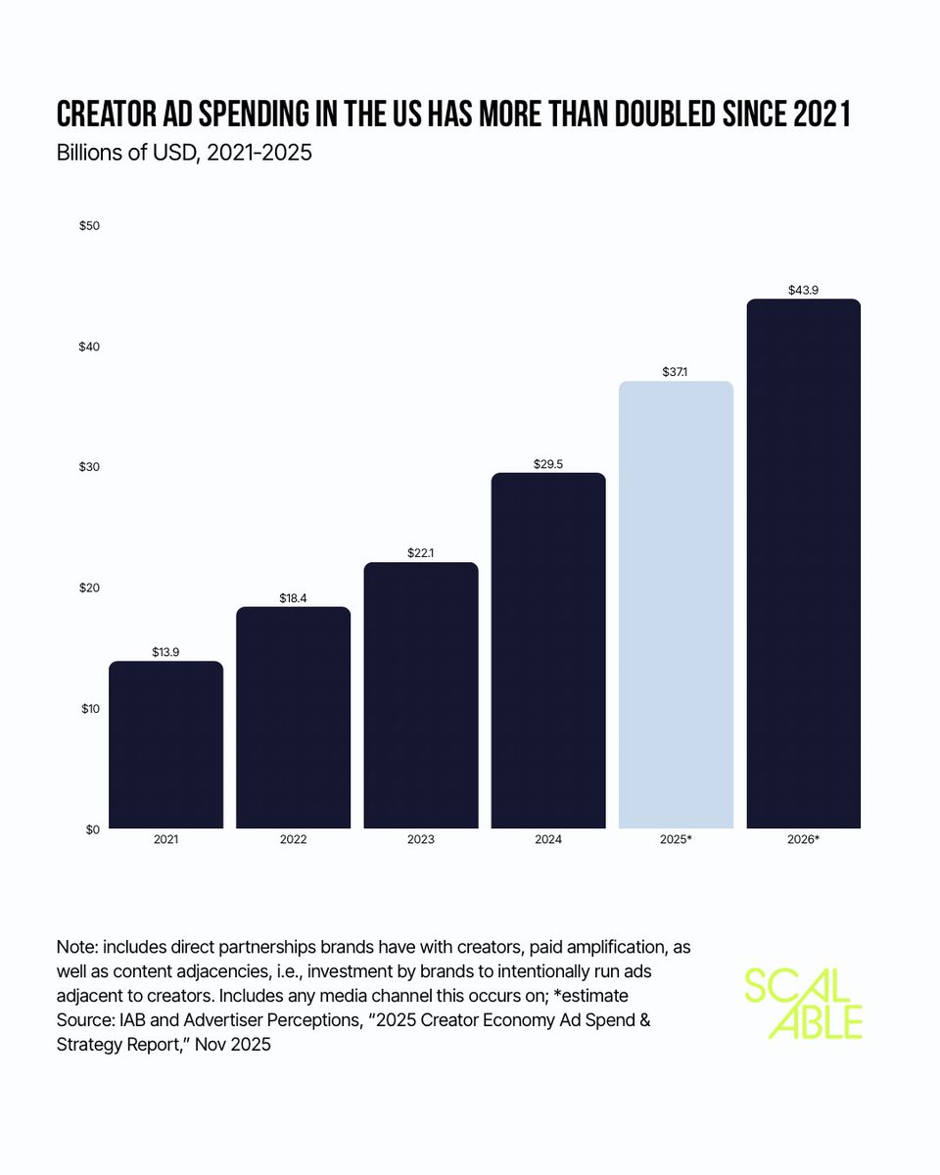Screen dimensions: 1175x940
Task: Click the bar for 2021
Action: (165, 745)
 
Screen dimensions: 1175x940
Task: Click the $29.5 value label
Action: (547, 464)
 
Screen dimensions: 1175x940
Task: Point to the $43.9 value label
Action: (803, 291)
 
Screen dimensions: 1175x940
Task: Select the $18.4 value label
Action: (293, 598)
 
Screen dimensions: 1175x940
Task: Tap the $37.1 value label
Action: (676, 373)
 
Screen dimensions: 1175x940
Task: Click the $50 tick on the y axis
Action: (89, 225)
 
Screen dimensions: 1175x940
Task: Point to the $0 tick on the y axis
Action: (92, 829)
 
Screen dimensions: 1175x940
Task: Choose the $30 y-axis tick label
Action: (89, 467)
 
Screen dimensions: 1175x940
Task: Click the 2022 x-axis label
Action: (293, 840)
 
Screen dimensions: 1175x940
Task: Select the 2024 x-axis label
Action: (547, 840)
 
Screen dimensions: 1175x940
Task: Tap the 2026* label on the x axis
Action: (803, 840)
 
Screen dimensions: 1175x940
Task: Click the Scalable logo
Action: (802, 1003)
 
